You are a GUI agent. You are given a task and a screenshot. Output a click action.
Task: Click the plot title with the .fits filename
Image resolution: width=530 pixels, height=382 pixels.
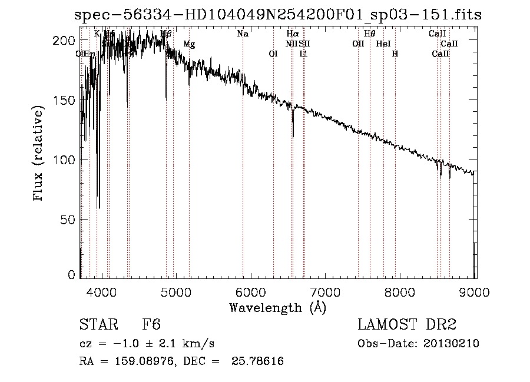(277, 15)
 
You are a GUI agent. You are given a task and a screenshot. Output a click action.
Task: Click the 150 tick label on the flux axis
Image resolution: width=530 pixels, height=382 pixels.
(67, 100)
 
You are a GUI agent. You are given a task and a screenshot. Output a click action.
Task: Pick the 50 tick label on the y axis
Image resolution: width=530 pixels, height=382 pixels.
(69, 220)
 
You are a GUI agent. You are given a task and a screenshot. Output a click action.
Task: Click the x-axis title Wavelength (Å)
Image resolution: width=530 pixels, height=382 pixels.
(277, 307)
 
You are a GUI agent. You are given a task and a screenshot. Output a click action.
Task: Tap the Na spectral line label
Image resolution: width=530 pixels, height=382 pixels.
(243, 34)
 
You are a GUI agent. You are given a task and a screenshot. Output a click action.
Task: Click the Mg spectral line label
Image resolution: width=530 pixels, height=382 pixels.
(189, 44)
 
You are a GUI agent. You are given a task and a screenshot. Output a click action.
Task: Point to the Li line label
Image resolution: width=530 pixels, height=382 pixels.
(303, 54)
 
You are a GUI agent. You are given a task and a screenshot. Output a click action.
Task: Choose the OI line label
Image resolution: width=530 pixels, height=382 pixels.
(273, 54)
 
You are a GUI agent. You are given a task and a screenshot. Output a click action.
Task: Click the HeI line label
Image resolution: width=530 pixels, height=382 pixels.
(383, 44)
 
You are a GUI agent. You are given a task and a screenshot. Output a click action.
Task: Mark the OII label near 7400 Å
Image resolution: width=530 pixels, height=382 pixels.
(358, 44)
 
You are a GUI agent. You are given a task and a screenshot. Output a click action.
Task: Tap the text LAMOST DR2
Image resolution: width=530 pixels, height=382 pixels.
(407, 325)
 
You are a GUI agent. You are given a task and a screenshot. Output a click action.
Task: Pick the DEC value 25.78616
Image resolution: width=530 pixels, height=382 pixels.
(258, 361)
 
